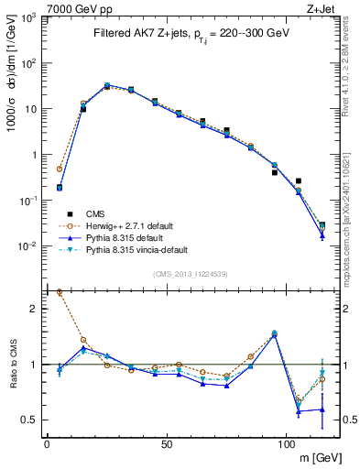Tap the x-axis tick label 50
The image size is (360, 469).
(166, 444)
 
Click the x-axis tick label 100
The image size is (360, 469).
(286, 444)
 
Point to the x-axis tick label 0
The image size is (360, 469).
(47, 444)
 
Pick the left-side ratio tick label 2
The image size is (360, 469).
(32, 310)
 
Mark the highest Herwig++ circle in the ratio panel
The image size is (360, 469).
(60, 292)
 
